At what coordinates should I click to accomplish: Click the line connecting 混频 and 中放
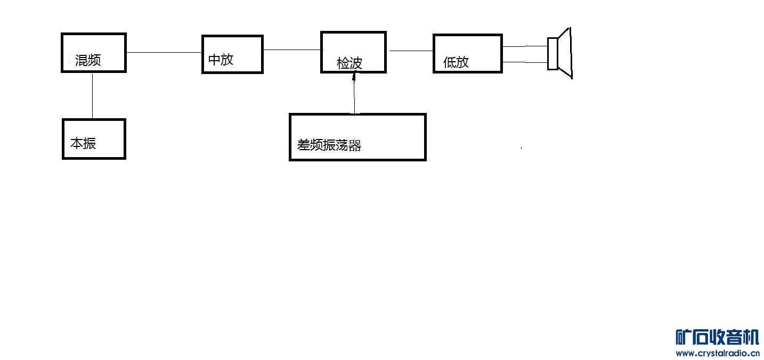[164, 52]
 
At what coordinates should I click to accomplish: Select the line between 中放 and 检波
[292, 50]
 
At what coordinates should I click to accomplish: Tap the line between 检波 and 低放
[410, 51]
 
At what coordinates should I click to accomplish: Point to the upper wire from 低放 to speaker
[525, 46]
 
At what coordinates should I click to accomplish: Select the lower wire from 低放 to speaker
[525, 62]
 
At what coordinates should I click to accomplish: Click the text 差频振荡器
[329, 145]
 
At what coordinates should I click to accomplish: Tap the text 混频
[88, 60]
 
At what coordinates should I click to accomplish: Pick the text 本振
[83, 143]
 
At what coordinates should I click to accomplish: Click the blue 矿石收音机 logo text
[717, 338]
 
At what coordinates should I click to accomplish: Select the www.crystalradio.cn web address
[717, 353]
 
